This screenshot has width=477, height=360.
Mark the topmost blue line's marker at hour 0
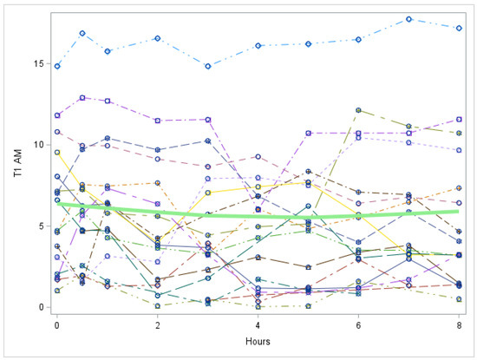(57, 66)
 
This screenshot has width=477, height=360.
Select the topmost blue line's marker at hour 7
(408, 19)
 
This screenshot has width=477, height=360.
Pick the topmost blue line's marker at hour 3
(208, 66)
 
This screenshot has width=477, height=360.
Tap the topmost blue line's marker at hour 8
(459, 28)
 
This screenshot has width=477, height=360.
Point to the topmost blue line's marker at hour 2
(158, 38)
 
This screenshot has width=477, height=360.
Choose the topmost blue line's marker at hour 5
(308, 43)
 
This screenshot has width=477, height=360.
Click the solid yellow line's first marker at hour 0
(57, 153)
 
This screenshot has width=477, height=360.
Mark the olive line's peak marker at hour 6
(358, 110)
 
